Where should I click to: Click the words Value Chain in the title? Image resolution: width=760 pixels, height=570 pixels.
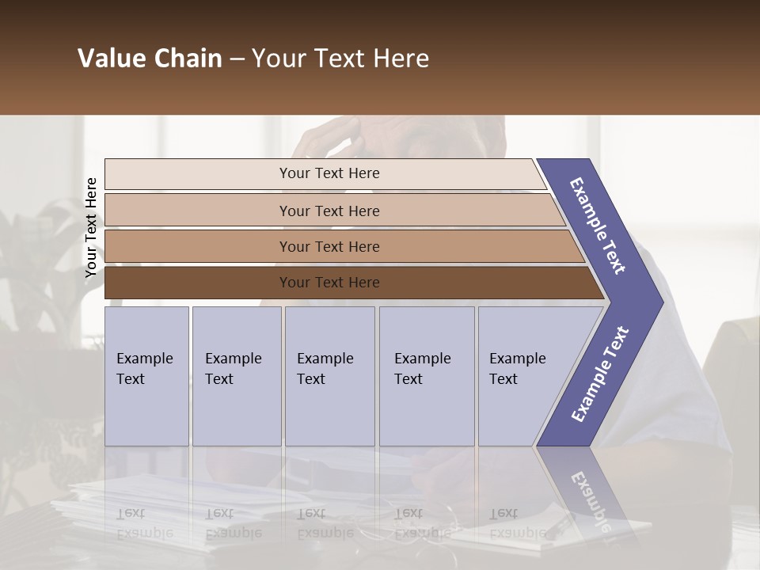(x=150, y=59)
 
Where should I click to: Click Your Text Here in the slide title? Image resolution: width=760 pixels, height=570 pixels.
(x=340, y=59)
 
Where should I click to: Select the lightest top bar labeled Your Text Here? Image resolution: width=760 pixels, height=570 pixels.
(x=329, y=173)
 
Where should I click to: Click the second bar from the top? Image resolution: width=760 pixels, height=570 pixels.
(x=329, y=211)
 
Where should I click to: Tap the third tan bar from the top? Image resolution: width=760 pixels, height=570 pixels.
(x=329, y=246)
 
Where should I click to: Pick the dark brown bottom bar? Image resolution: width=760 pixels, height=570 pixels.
(x=329, y=283)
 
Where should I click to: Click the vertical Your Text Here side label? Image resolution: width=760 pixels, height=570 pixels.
(x=91, y=227)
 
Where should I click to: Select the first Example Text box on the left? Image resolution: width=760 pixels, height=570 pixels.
(x=146, y=375)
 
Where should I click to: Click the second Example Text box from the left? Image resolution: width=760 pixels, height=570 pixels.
(x=236, y=375)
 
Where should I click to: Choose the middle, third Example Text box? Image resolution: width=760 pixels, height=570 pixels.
(x=329, y=375)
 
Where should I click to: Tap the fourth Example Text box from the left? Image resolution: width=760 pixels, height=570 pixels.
(x=426, y=375)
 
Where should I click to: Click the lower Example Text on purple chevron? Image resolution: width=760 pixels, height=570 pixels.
(x=599, y=374)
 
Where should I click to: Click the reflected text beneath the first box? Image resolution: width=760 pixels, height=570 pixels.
(x=144, y=522)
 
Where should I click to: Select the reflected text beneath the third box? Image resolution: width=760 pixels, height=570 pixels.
(x=325, y=522)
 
